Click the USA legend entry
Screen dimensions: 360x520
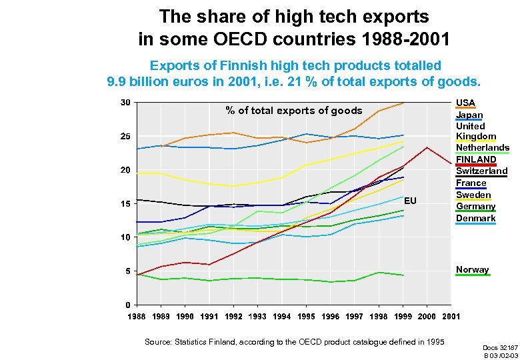coord(465,103)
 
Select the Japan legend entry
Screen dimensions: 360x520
coord(469,115)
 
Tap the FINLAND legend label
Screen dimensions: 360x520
coord(476,159)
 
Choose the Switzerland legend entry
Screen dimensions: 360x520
coord(481,171)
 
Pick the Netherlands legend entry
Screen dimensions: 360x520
coord(482,147)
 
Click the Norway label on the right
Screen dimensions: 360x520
coord(472,270)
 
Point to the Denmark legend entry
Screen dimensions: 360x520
coord(475,218)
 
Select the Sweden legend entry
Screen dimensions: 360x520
coord(473,195)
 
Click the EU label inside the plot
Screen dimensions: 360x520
coord(410,200)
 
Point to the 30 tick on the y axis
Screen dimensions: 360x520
coord(125,103)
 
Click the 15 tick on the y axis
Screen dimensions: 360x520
coord(125,204)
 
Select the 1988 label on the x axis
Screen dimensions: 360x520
coord(137,316)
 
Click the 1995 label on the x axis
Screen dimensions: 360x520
coord(306,316)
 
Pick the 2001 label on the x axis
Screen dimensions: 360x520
coord(451,316)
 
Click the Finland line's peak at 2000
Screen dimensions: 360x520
coord(427,147)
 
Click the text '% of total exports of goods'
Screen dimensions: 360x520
coord(294,111)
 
